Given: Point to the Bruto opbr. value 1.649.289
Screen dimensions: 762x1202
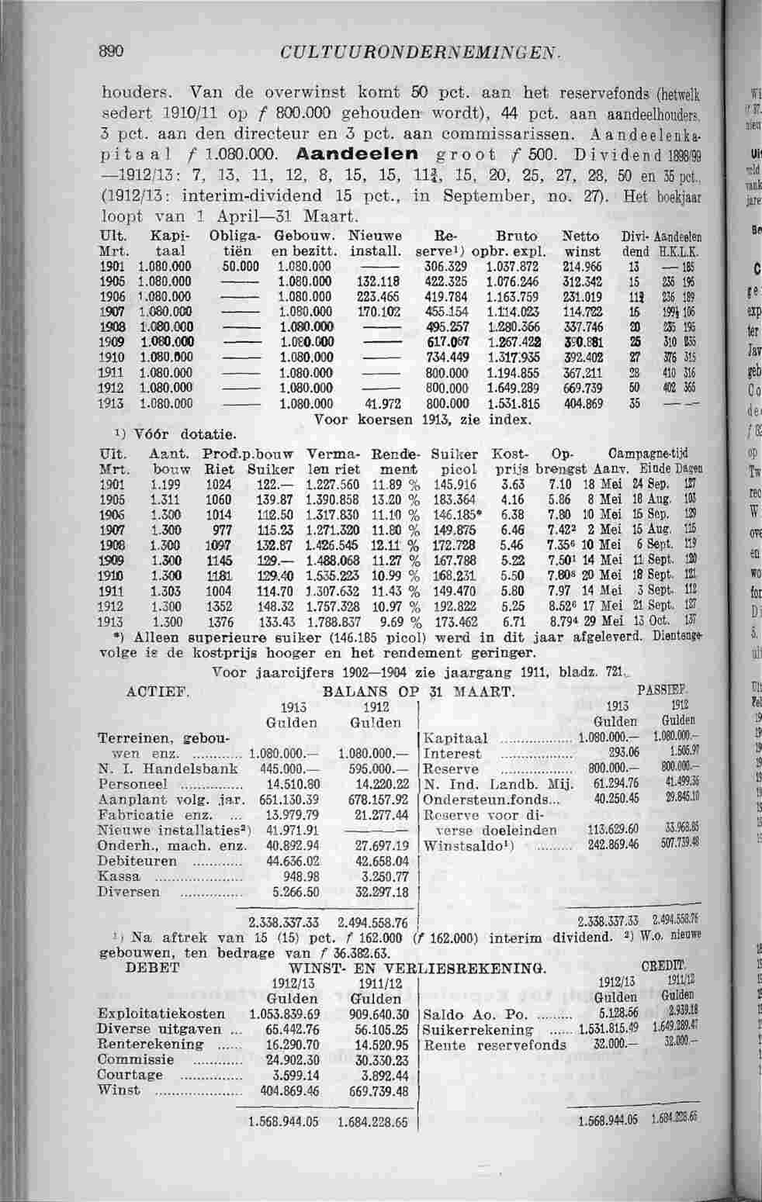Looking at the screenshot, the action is tap(514, 389).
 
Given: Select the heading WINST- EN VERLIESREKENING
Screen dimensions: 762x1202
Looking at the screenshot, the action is tap(417, 968).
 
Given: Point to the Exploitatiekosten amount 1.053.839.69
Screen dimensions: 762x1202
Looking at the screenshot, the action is tap(285, 1014).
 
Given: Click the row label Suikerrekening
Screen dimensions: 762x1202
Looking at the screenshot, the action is tap(479, 1030).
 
